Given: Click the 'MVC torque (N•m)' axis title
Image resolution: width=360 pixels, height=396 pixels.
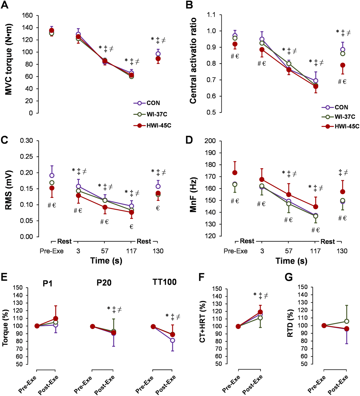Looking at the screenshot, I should coord(9,59).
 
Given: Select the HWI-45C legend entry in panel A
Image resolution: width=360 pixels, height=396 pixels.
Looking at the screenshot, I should coord(152,125).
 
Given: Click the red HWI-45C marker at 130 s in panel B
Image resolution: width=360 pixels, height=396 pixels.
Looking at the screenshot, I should coord(343,65).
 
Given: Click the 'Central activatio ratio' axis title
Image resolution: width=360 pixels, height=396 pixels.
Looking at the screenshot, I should coord(193,61).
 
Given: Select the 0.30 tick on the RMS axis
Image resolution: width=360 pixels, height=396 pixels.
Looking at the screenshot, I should coord(26,141).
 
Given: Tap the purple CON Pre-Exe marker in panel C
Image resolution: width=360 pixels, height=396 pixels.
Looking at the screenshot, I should coord(52,175).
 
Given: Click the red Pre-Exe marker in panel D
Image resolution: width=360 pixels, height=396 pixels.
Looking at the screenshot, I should coord(235,173).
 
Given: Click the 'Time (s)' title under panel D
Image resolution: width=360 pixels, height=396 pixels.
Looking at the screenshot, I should coord(291,261).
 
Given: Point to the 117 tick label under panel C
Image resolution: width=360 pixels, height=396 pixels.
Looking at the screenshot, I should coord(131,251).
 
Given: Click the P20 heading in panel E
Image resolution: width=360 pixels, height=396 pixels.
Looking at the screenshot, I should coord(104,283).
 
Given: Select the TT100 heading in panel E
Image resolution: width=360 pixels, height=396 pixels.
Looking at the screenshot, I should coord(164,282).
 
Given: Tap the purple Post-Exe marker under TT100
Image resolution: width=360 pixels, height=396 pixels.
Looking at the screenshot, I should coord(173,340).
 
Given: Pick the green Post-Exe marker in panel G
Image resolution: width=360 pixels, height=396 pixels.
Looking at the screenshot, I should coord(346,321).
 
